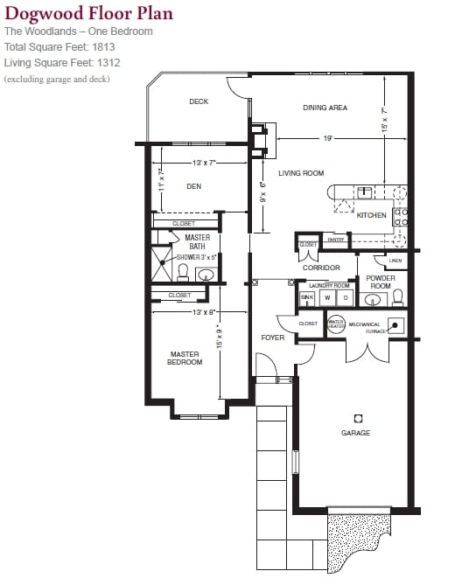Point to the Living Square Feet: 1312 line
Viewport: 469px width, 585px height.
pos(60,63)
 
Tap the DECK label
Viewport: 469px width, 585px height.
pos(199,101)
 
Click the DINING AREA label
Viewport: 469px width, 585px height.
pos(325,108)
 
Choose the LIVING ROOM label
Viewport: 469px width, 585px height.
pos(301,173)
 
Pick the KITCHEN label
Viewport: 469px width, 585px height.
pos(371,215)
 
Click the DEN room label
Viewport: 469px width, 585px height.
pos(194,186)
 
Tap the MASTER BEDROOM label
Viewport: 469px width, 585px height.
pos(185,359)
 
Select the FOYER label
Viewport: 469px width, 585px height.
pos(272,338)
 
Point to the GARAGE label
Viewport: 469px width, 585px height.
pos(355,433)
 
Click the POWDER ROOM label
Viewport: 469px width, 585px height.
pos(381,282)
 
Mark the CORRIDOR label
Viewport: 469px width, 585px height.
pos(321,268)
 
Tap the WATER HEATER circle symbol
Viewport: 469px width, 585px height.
pos(334,324)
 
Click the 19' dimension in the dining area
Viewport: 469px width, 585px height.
pos(327,138)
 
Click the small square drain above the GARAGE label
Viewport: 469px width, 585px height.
pos(357,418)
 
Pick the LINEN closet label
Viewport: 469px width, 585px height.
pos(395,261)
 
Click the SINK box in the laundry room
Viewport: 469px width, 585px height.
pos(306,297)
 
